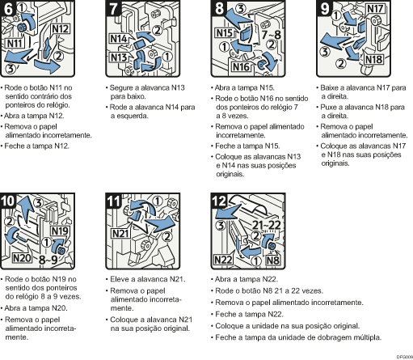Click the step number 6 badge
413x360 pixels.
click(8, 8)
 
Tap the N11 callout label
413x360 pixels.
click(15, 43)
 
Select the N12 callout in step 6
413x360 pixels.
click(61, 28)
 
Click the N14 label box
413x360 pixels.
click(119, 39)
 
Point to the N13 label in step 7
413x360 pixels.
click(119, 57)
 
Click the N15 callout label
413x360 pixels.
click(224, 33)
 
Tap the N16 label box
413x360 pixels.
click(241, 66)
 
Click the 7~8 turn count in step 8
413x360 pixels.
click(272, 35)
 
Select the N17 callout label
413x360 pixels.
click(375, 9)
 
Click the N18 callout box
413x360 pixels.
click(374, 59)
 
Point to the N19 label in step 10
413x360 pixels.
click(60, 231)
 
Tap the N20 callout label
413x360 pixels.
click(22, 258)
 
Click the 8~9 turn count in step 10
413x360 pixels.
click(48, 260)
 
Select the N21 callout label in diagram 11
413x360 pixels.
click(120, 234)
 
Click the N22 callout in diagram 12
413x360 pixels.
click(223, 260)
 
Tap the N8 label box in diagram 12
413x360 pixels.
click(272, 260)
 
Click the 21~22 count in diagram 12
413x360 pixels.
click(267, 225)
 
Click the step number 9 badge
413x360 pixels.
click(324, 8)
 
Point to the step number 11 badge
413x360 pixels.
click(114, 201)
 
